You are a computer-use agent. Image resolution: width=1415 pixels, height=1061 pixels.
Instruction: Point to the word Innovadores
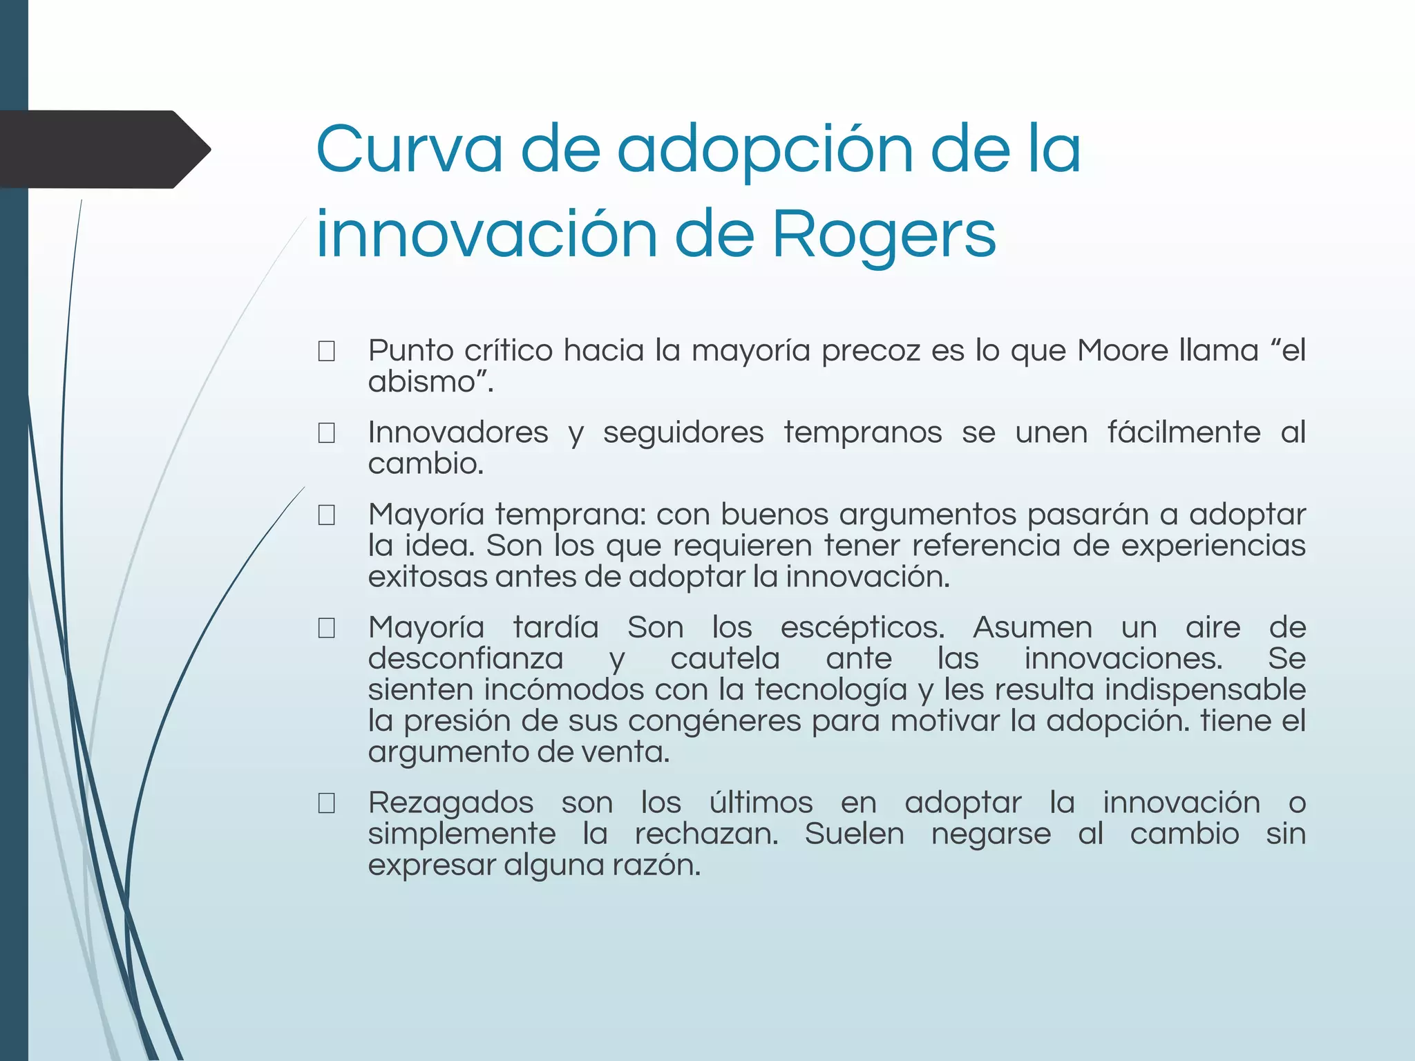coord(458,432)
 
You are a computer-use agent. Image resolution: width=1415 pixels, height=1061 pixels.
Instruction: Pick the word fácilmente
coord(1184,432)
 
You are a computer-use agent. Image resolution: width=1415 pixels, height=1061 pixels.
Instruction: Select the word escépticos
coord(862,628)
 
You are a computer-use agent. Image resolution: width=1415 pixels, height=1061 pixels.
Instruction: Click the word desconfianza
coord(465,658)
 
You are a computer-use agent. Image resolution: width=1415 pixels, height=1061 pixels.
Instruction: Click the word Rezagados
coord(450,803)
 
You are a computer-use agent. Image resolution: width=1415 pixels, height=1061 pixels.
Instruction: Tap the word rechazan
coord(706,834)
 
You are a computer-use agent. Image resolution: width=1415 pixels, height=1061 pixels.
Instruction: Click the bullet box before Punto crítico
coord(327,352)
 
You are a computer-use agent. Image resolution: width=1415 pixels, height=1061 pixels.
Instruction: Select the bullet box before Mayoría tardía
coord(327,628)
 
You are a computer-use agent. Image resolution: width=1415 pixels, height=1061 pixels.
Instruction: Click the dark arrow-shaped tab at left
coord(97,149)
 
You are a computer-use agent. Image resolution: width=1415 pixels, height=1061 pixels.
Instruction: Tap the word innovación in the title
coord(486,235)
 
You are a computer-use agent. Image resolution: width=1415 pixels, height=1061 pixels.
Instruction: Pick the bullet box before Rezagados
coord(327,803)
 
